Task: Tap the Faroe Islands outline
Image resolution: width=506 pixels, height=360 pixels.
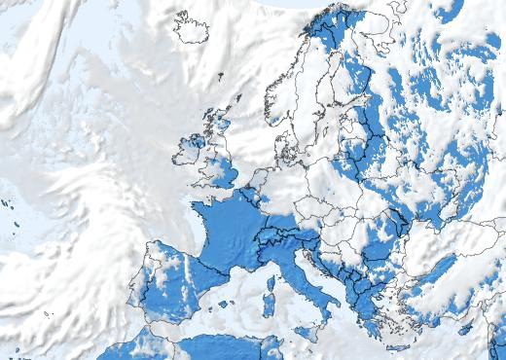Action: click(x=220, y=75)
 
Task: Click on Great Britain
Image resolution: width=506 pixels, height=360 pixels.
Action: click(x=223, y=165)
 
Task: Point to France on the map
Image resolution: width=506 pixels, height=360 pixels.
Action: click(x=229, y=234)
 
